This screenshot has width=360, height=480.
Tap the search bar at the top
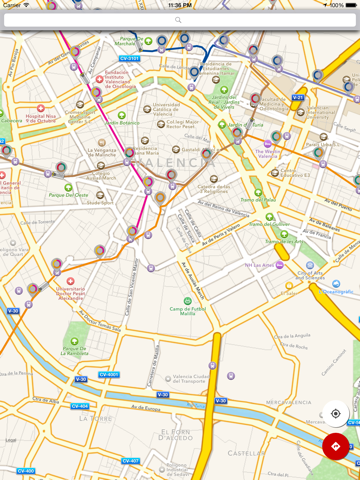click(179, 19)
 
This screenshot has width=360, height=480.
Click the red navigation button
click(335, 446)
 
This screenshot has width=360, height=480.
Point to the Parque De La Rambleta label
click(74, 351)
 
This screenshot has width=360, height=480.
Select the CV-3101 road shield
click(130, 59)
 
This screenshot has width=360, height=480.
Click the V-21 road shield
click(298, 97)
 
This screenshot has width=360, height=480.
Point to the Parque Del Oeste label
click(69, 195)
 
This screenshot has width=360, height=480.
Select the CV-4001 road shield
click(109, 374)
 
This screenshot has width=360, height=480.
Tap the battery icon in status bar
click(350, 4)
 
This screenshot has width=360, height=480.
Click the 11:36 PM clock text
click(180, 4)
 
